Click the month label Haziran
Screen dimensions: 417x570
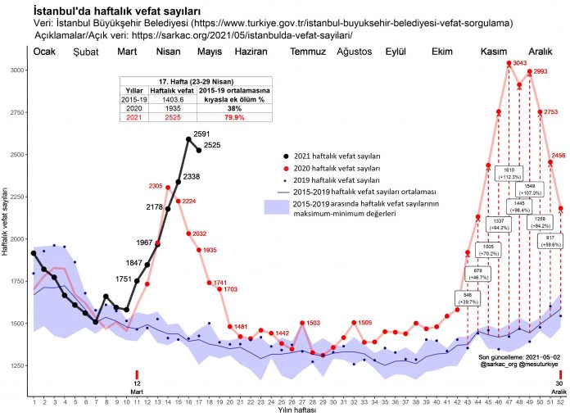pyautogui.click(x=251, y=52)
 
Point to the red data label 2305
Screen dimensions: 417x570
pyautogui.click(x=156, y=186)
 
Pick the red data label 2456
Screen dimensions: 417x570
pyautogui.click(x=559, y=155)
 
